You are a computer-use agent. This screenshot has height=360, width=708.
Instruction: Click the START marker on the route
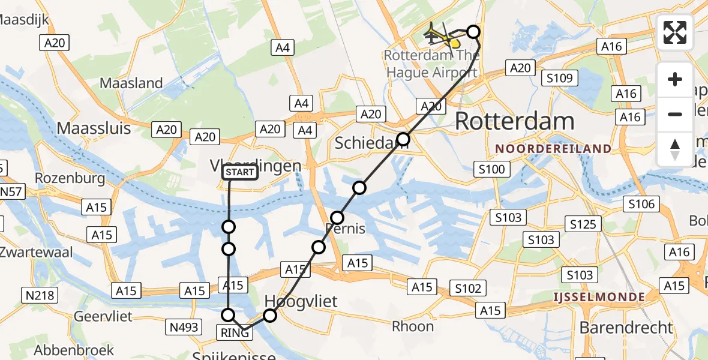click(240, 173)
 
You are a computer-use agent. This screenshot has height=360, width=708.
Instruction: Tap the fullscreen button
click(675, 32)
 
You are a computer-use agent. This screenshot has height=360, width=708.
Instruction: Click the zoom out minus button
click(675, 114)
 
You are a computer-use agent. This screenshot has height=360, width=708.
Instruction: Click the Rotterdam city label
click(515, 121)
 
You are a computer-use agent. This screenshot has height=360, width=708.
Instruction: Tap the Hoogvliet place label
click(301, 301)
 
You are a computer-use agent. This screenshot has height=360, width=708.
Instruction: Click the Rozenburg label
click(62, 178)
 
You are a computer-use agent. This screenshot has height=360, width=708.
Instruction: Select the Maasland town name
click(131, 83)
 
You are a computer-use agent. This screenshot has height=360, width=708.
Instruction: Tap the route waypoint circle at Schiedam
click(403, 140)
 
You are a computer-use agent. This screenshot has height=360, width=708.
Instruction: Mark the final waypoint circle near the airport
click(473, 32)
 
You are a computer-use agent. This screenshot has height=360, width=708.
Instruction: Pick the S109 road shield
click(559, 77)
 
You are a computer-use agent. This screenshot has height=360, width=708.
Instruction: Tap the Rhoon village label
click(413, 326)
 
